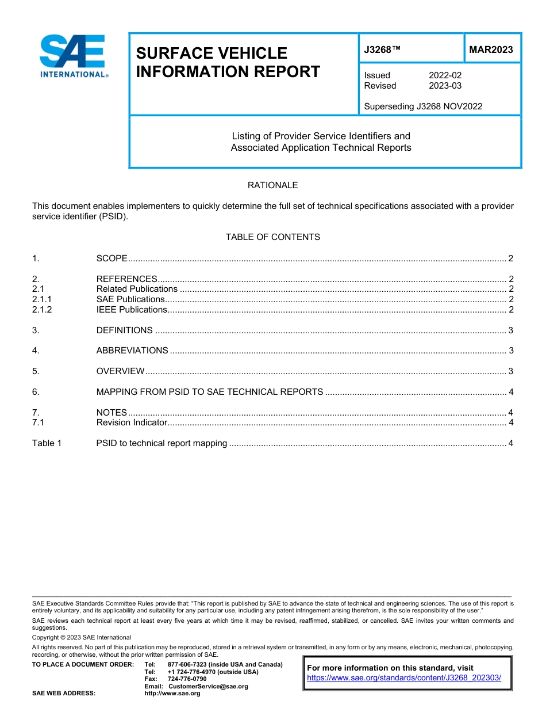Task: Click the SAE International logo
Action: coord(74,56)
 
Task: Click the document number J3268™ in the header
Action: coord(382,50)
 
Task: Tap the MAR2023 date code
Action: coord(491,50)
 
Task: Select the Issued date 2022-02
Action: coord(445,75)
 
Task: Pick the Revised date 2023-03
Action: coord(445,86)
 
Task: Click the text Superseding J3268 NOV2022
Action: coord(423,106)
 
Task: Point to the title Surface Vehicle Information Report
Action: coord(228,62)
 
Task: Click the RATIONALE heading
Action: coord(272,185)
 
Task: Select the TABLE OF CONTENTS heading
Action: coord(272,237)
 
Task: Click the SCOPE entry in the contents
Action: coord(111,258)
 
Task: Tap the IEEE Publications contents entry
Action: coord(132,310)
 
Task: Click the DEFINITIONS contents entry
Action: coord(125,330)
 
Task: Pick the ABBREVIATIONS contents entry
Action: coord(132,351)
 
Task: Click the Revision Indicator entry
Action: coord(132,423)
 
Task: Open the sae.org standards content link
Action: coord(404,678)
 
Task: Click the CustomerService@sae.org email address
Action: coord(208,686)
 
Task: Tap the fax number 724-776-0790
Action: coord(187,679)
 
